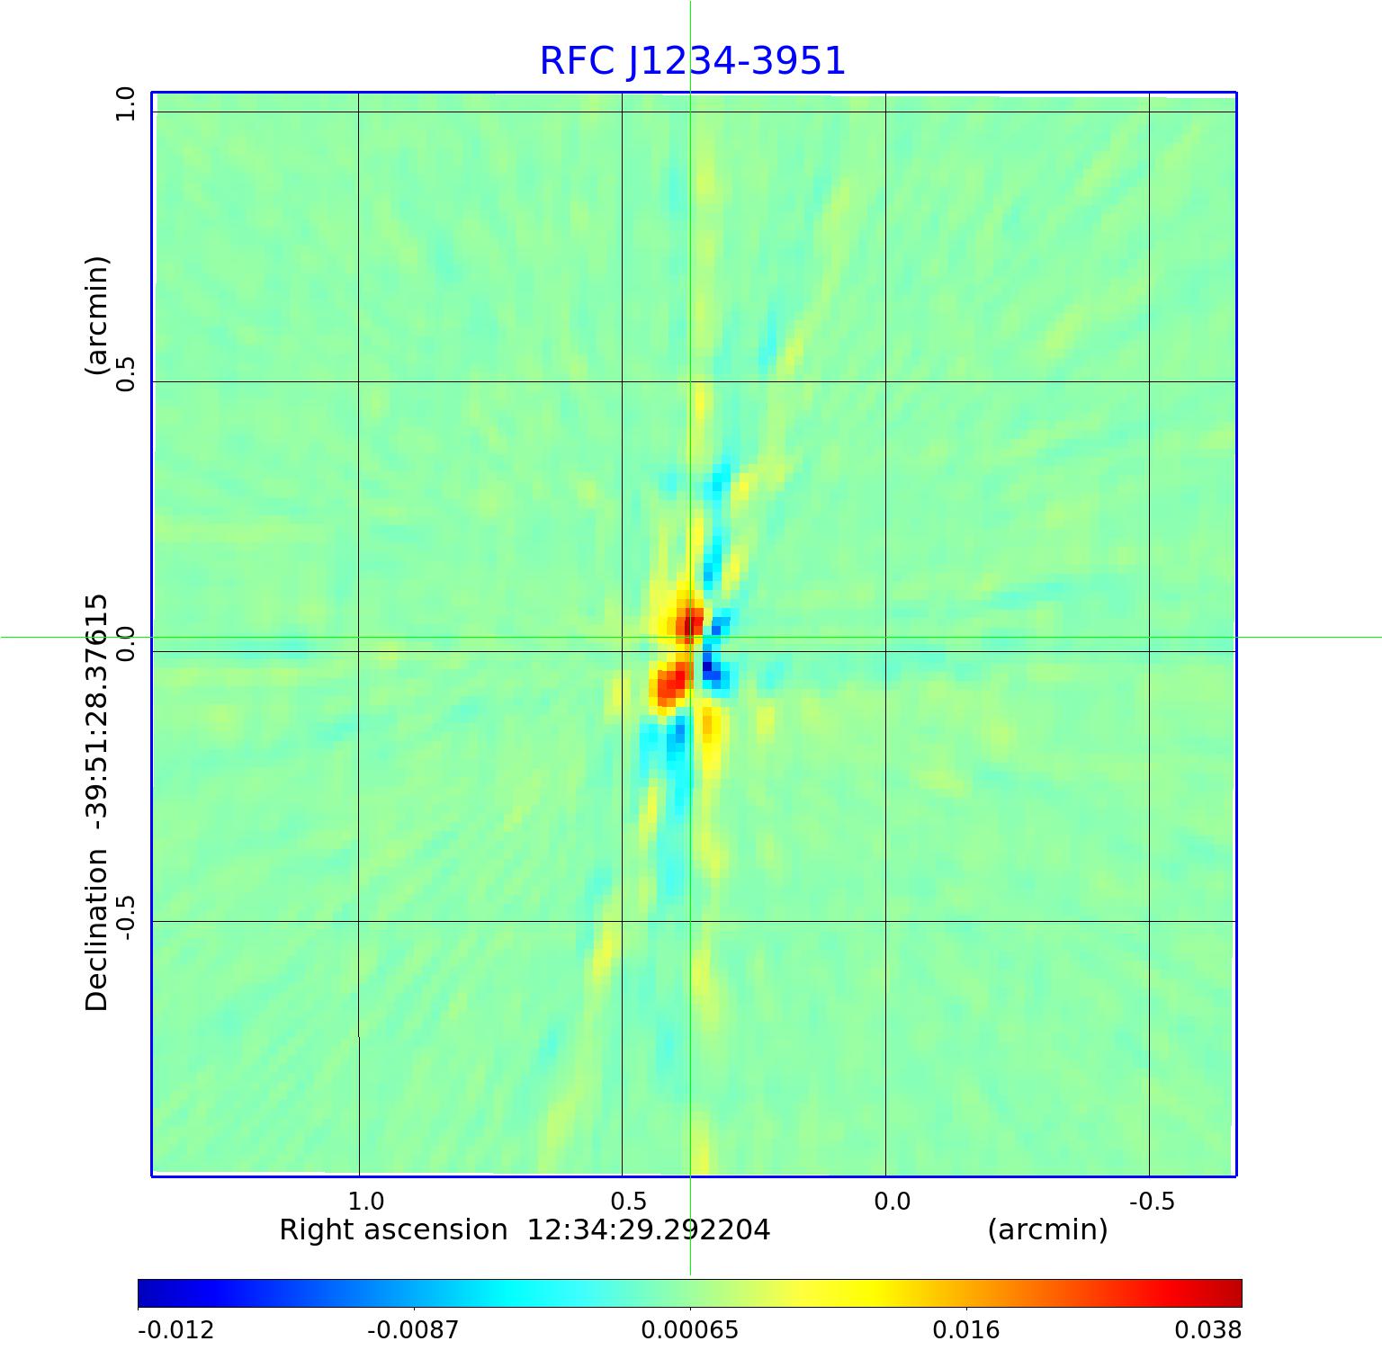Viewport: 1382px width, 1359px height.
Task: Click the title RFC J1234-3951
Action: (x=692, y=61)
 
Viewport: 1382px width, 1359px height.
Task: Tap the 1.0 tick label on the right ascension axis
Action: (x=365, y=1202)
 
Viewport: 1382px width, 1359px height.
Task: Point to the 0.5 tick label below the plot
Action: (x=628, y=1202)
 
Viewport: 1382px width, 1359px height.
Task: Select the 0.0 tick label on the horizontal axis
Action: (x=892, y=1202)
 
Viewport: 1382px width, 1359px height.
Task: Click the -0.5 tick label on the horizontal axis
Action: (x=1152, y=1202)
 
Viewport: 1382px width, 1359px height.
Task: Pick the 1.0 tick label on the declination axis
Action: (x=125, y=104)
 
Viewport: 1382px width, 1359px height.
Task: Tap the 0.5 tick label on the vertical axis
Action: (x=125, y=373)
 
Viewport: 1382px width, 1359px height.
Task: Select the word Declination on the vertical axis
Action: (x=96, y=930)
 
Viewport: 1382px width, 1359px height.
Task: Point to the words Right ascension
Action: (x=393, y=1229)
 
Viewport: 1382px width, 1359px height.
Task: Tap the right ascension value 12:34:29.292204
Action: (x=648, y=1229)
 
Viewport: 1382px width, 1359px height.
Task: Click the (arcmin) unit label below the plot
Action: (x=1047, y=1229)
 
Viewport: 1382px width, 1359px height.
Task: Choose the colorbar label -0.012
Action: (x=175, y=1330)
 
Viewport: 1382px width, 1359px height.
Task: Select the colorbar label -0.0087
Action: (x=415, y=1330)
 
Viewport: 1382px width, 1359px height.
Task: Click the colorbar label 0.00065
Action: (x=690, y=1330)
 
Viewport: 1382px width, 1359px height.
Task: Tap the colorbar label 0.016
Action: (x=966, y=1330)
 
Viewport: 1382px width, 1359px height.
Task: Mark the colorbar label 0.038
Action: (x=1207, y=1330)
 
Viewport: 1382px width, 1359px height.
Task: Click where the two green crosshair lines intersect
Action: (x=690, y=638)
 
